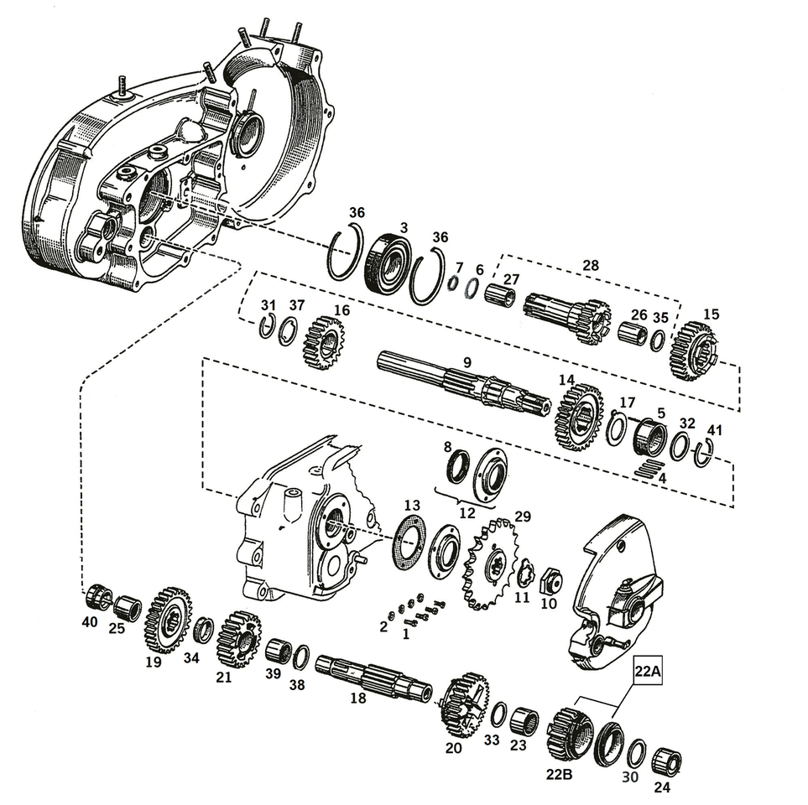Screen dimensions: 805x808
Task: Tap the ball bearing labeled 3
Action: click(x=387, y=262)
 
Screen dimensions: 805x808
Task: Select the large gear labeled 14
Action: click(x=578, y=416)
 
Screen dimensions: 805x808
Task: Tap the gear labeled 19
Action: click(x=168, y=620)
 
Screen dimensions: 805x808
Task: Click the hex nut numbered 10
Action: click(x=550, y=578)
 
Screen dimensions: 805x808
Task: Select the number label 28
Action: click(x=591, y=266)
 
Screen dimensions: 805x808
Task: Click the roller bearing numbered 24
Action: click(x=668, y=760)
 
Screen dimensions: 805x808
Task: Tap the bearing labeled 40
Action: click(x=98, y=597)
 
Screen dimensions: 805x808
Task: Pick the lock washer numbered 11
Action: click(x=526, y=574)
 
